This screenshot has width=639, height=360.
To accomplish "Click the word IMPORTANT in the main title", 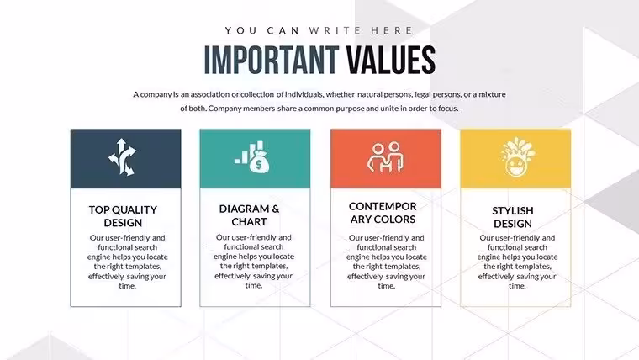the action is coord(272,60).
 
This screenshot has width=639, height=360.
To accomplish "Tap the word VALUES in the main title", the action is coord(391,60).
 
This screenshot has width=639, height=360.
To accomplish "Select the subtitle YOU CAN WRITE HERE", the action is coord(319,30).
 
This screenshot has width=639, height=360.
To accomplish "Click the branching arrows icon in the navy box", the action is coord(122,157).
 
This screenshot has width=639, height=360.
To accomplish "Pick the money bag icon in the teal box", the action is coord(252,157).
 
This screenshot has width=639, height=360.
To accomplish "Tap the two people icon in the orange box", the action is coord(385,157).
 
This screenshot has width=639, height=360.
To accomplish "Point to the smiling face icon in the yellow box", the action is coord(518,157).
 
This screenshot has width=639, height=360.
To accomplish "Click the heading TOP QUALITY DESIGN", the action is coord(123,216).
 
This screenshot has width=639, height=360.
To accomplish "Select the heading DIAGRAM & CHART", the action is coord(249,215).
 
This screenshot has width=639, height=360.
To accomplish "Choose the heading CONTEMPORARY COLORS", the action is coord(383,213).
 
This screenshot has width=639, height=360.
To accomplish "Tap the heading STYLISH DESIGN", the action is coord(513,217).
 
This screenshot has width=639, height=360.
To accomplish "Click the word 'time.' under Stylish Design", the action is coord(517,286).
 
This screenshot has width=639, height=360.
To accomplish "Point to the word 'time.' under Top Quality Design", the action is coord(127,286).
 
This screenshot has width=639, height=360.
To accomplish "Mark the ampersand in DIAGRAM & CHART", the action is coord(276,209).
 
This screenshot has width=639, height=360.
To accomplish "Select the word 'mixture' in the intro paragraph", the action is coord(492,94).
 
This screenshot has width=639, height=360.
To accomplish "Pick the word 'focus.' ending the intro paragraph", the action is coord(448,109).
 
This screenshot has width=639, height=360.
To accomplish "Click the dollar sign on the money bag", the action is coord(259,165).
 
